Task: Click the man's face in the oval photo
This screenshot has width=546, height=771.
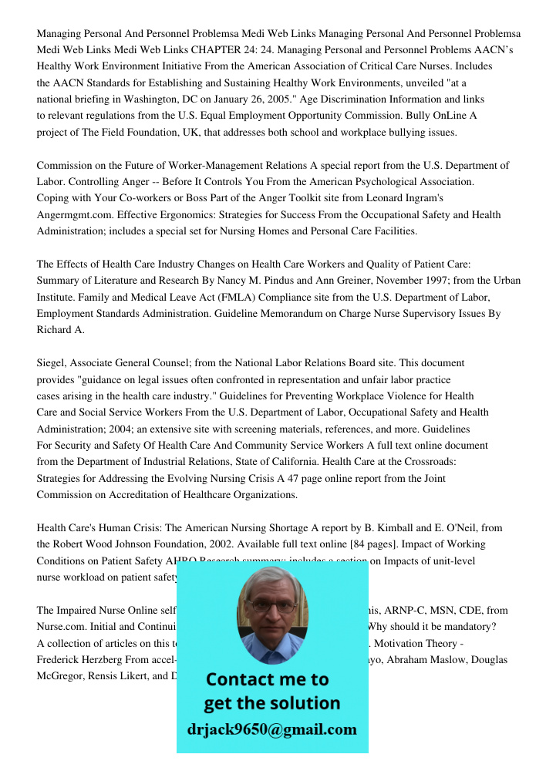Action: click(x=272, y=609)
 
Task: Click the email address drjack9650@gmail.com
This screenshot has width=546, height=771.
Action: click(x=272, y=729)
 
